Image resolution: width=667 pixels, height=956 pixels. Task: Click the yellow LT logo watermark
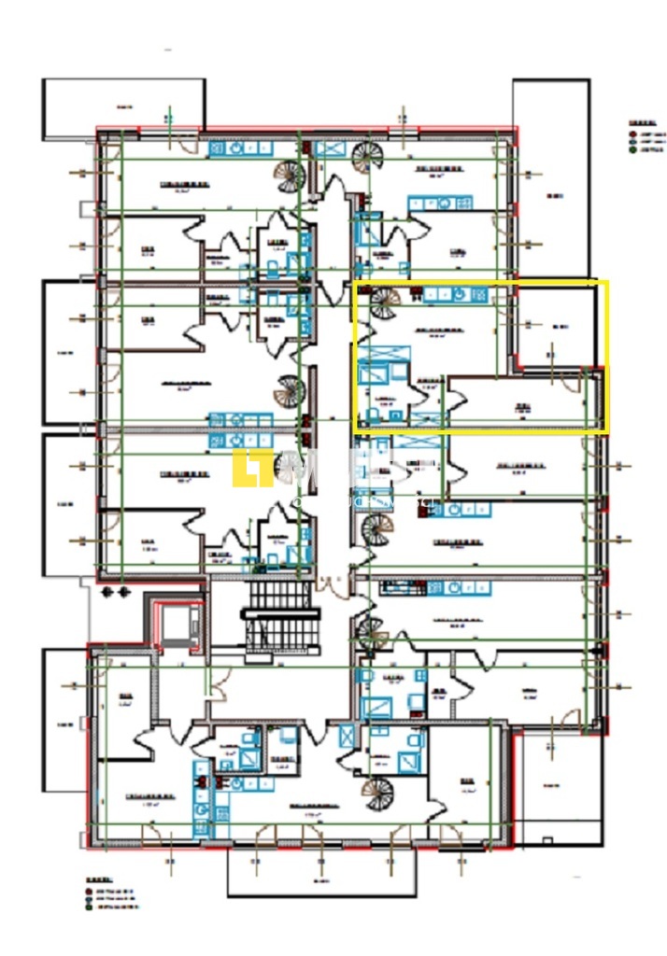(246, 468)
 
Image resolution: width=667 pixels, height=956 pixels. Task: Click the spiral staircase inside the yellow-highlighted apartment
(382, 303)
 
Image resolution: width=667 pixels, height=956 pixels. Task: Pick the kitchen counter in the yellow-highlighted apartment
(455, 295)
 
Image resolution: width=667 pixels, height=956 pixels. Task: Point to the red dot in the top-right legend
(632, 134)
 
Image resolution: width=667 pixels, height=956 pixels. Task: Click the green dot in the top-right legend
(632, 150)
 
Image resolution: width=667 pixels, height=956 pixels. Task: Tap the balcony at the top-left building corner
(123, 108)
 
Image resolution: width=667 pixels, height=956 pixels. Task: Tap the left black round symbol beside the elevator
(105, 592)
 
